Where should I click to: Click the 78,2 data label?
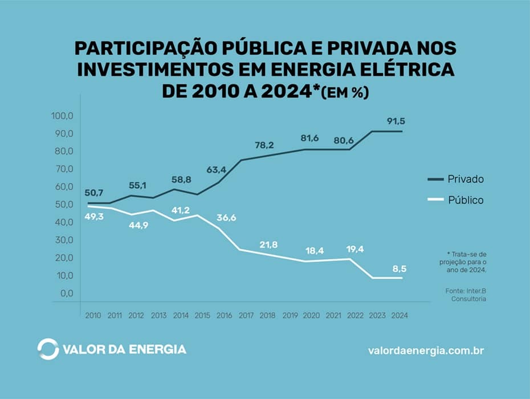[x=264, y=145]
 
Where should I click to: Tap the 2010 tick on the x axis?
[x=92, y=314]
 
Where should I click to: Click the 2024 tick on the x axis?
[x=399, y=314]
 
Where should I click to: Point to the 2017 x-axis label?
[x=246, y=314]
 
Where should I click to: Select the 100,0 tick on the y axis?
[x=63, y=116]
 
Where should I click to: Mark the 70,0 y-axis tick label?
[x=64, y=169]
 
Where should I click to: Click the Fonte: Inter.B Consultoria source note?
[x=466, y=295]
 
